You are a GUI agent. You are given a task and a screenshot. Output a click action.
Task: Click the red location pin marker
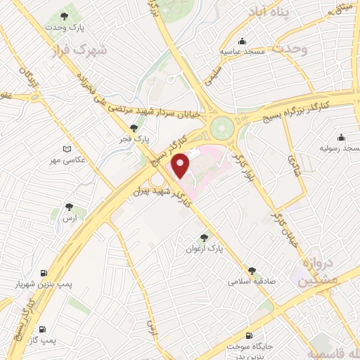tap(181, 165)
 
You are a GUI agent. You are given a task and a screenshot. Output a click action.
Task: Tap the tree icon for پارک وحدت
tap(65, 15)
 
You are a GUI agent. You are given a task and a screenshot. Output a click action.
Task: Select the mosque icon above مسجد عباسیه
tap(242, 40)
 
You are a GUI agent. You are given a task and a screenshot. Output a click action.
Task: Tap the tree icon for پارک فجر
tap(134, 128)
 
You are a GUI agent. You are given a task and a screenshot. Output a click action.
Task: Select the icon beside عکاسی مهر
tap(67, 149)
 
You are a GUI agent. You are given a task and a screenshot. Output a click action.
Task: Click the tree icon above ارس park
tap(68, 207)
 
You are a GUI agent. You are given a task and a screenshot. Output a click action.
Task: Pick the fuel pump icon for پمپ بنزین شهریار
tap(44, 273)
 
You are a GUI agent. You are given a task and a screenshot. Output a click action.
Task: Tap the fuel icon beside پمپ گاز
tap(43, 329)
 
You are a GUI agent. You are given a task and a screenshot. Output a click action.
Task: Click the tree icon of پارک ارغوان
tap(204, 238)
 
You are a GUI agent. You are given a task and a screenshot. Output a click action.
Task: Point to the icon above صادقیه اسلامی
tap(252, 270)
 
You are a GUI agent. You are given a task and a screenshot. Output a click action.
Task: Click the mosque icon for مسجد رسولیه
tap(341, 137)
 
